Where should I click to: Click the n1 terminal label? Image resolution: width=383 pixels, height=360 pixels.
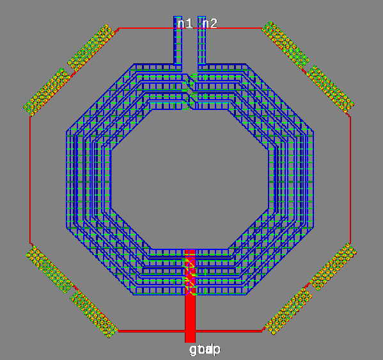pyautogui.click(x=185, y=24)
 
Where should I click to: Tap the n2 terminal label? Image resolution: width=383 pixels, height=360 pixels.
pyautogui.click(x=210, y=24)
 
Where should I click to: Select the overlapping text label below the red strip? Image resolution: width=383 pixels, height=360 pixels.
pyautogui.click(x=205, y=350)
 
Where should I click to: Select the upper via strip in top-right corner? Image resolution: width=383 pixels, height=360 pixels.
pyautogui.click(x=285, y=44)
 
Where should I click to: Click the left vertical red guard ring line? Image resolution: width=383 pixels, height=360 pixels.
pyautogui.click(x=30, y=179)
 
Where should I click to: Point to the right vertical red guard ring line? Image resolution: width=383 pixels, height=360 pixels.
pyautogui.click(x=350, y=179)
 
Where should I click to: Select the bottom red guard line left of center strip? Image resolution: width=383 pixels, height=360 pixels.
pyautogui.click(x=151, y=331)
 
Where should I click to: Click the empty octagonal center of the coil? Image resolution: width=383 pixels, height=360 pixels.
pyautogui.click(x=190, y=179)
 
